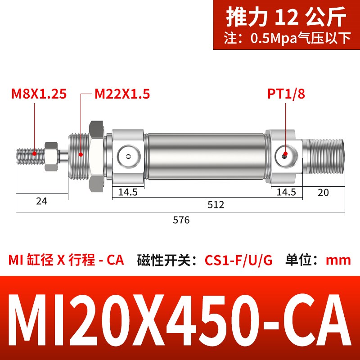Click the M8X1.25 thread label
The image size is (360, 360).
coord(39,94)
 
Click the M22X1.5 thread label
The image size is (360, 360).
coord(122,94)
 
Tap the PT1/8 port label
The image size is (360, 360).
coord(286,94)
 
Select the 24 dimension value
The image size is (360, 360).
coord(41,201)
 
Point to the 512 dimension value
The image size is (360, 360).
coord(216,205)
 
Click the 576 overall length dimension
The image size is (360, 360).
coord(181,220)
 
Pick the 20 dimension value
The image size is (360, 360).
coord(323,193)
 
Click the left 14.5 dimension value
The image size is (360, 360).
coord(128,193)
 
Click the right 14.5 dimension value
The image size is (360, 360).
coord(286,193)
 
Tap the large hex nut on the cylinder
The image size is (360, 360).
coord(97,155)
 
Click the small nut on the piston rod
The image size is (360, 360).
coord(50,155)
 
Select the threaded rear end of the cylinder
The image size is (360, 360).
coord(323,155)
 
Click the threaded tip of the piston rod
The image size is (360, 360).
coord(28,155)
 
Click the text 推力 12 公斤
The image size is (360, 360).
coord(286,18)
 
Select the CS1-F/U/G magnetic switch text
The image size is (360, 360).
coord(238,261)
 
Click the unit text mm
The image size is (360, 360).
coord(338,261)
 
